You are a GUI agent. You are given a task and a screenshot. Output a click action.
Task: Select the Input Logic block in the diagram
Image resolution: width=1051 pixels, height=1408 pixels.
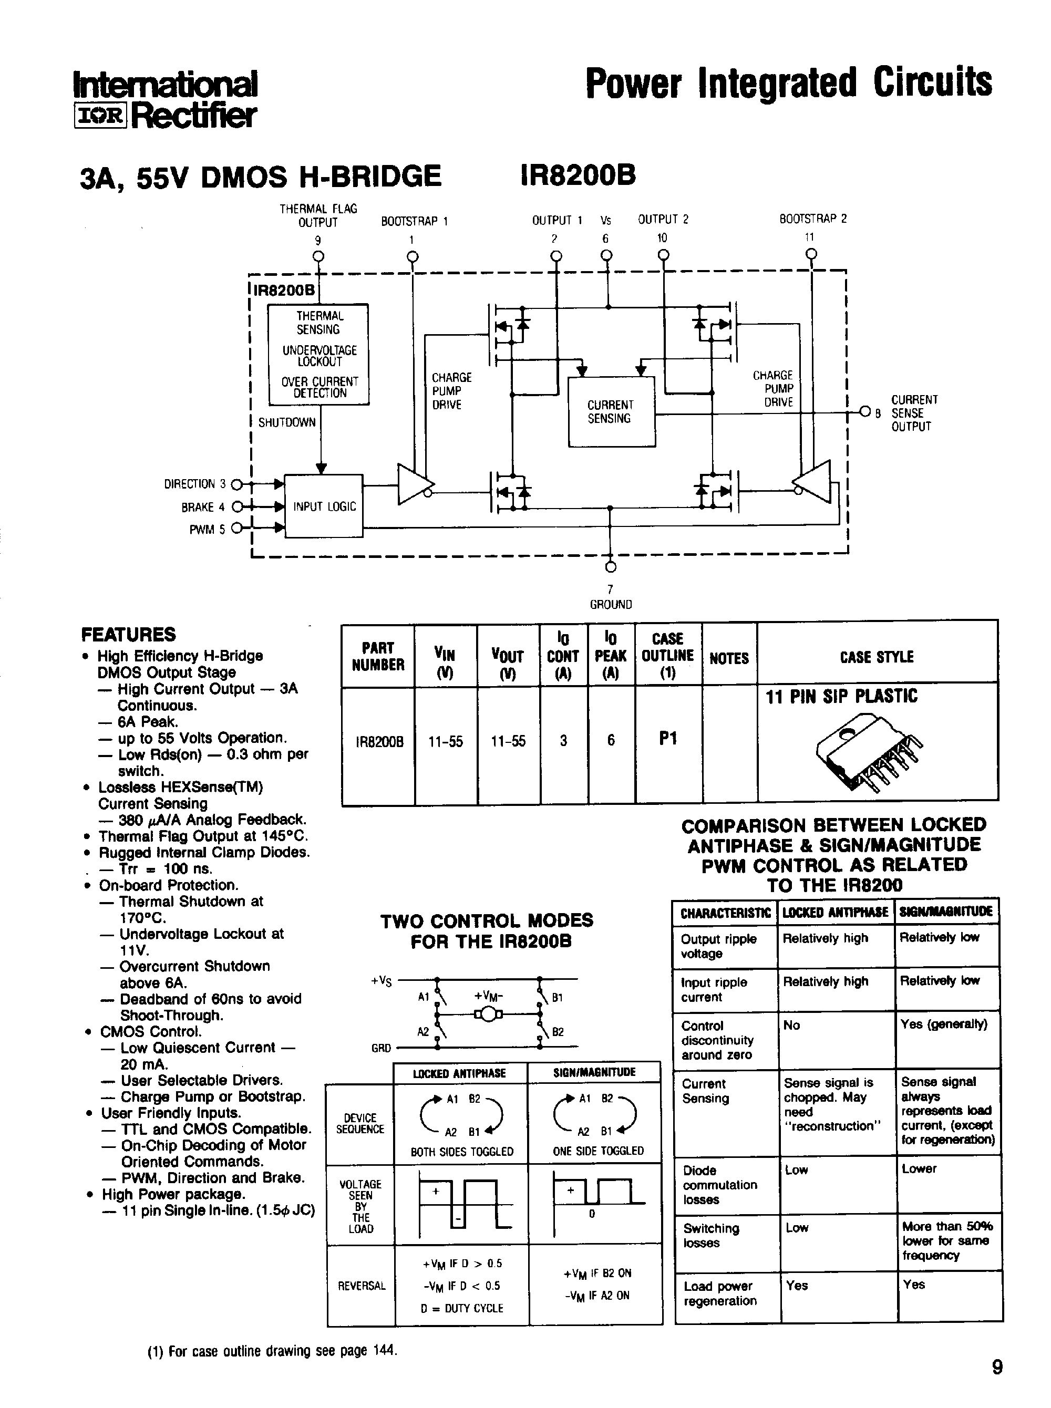[x=324, y=506]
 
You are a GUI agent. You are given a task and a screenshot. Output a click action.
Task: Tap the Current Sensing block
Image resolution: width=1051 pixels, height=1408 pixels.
[x=611, y=412]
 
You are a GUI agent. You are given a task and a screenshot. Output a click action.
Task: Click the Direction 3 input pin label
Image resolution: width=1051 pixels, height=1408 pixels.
[x=194, y=484]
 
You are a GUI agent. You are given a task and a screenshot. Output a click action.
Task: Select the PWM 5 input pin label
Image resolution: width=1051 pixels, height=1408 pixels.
[x=207, y=530]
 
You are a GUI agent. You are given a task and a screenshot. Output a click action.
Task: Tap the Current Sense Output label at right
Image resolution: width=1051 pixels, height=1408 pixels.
[x=913, y=413]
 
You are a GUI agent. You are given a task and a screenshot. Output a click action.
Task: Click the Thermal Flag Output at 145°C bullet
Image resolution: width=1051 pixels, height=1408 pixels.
[x=203, y=836]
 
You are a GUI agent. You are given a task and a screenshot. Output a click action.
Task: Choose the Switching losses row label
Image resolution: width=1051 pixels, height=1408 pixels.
[x=712, y=1235]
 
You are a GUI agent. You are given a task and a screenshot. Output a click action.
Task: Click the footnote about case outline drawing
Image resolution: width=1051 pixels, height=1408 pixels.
[x=272, y=1351]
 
